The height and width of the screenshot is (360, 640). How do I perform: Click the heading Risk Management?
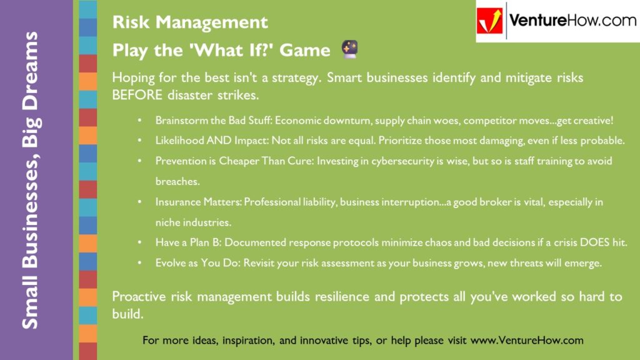(190, 23)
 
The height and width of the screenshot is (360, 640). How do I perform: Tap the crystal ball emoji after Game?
(348, 49)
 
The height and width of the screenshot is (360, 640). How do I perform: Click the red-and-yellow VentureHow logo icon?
(491, 21)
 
